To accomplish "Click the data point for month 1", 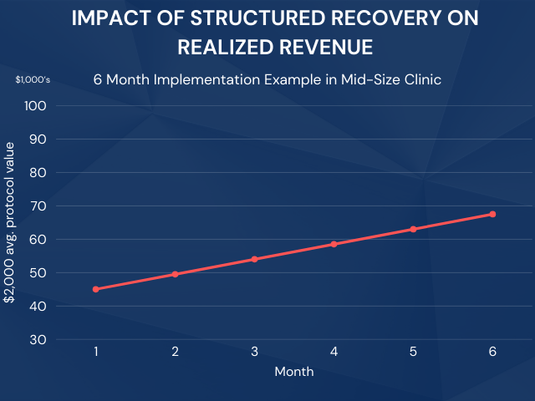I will [96, 289].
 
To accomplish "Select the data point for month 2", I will [176, 274].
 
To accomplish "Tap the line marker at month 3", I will [254, 259].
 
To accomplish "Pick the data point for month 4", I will [334, 244].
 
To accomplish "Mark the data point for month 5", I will [413, 229].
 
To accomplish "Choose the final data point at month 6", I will [492, 214].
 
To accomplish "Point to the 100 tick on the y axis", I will [38, 106].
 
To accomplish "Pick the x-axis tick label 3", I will [254, 352].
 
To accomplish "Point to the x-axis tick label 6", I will [492, 352].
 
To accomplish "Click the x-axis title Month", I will [294, 372].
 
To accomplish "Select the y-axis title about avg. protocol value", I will [11, 222].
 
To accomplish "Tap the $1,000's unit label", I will [33, 80].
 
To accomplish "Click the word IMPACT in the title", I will [109, 19].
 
